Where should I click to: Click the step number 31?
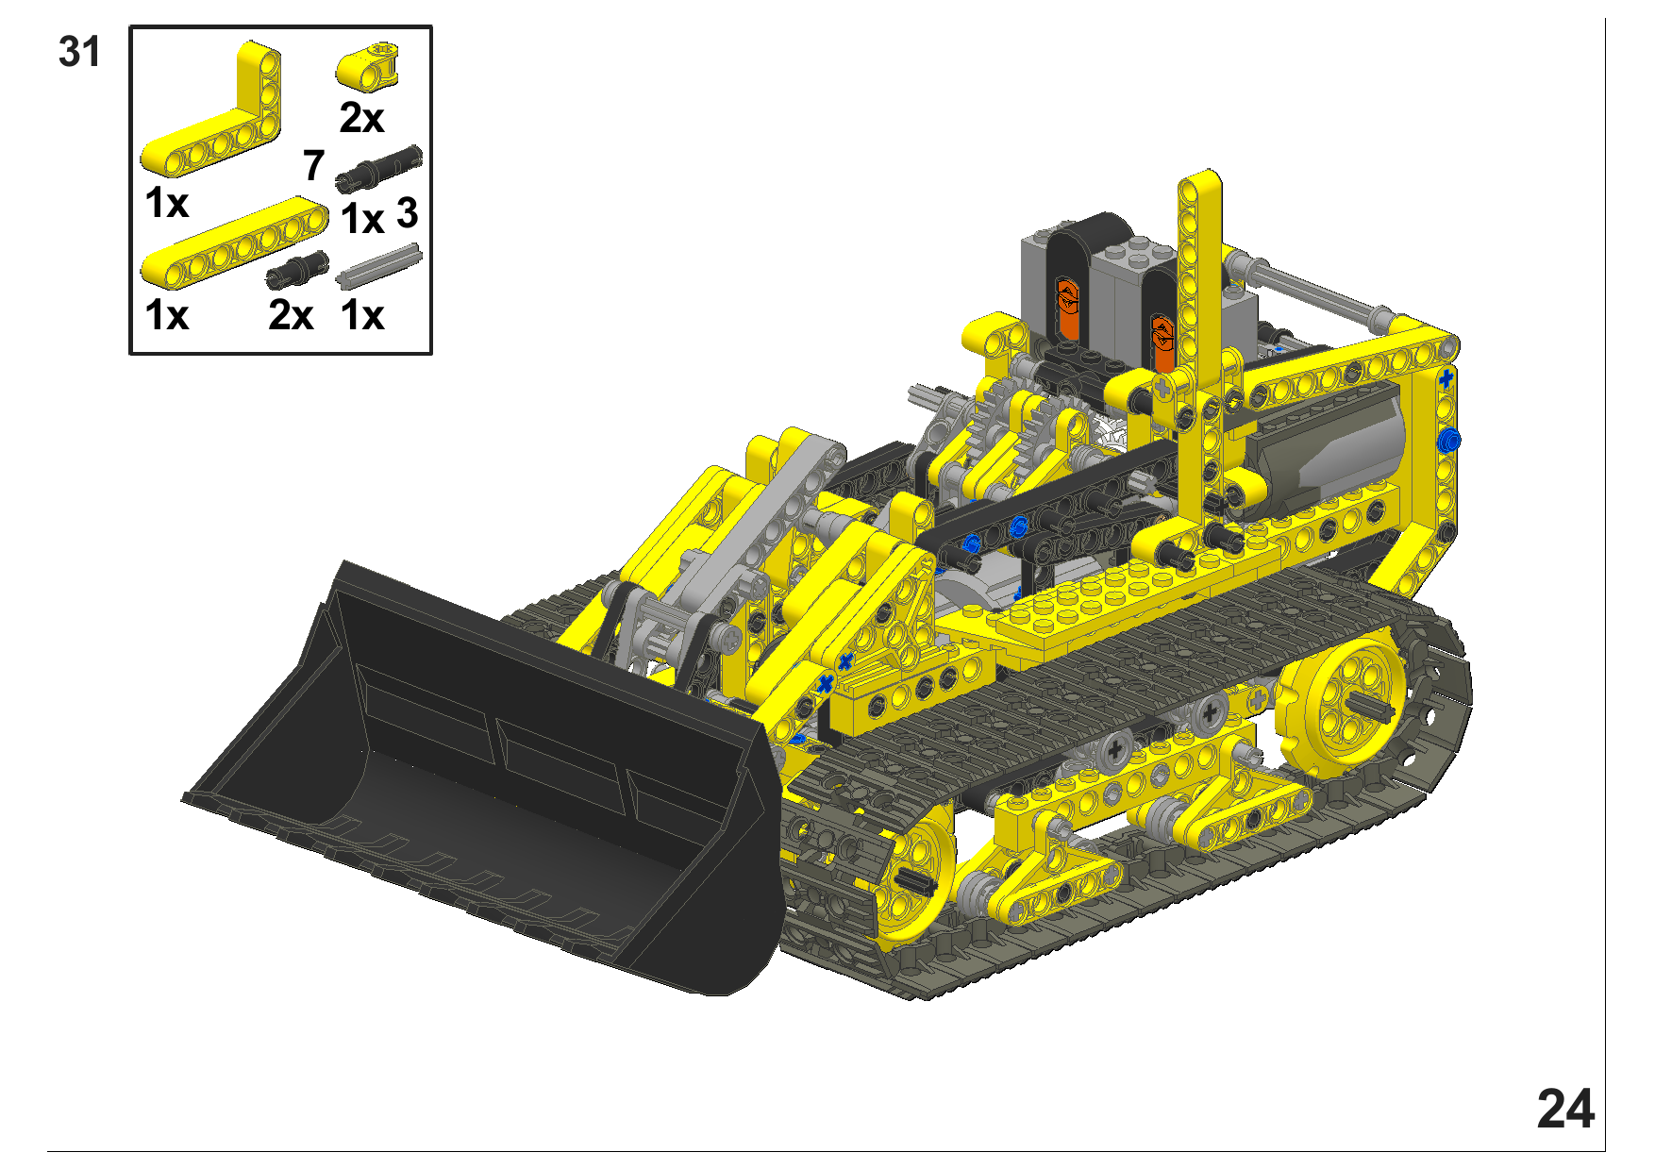[x=79, y=52]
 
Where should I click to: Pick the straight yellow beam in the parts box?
[x=234, y=242]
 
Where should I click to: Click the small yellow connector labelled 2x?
[x=368, y=65]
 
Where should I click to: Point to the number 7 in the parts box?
[x=314, y=165]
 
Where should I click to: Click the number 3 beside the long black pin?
[x=407, y=213]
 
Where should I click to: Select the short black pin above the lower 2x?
[x=296, y=269]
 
